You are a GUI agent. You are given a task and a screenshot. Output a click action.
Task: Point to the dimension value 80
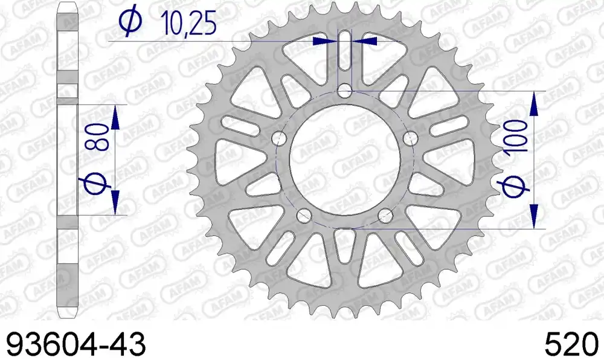click(98, 138)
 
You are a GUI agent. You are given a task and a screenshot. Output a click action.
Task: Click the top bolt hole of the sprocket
click(345, 92)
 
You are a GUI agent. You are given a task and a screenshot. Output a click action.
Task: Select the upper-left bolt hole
click(279, 138)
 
